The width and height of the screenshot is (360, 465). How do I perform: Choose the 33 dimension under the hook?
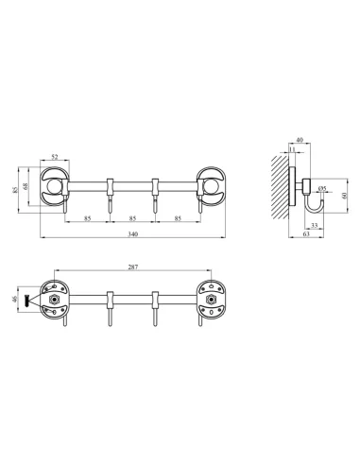pyautogui.click(x=313, y=225)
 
